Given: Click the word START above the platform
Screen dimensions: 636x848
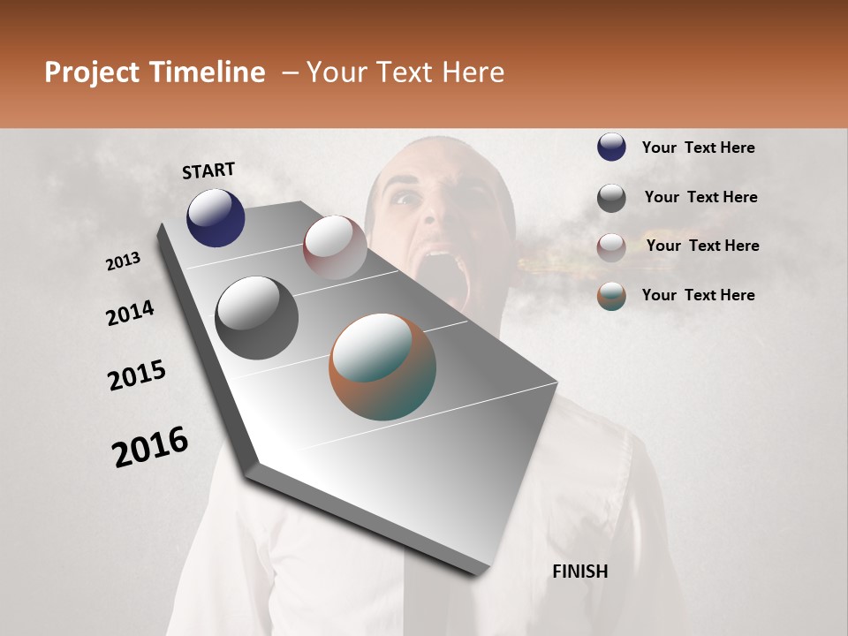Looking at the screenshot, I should tap(208, 170).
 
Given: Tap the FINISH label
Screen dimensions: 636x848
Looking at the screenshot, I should tap(580, 572).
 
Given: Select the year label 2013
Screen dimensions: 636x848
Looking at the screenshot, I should tap(123, 261).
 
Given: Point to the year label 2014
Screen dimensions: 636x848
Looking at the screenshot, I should tap(130, 313).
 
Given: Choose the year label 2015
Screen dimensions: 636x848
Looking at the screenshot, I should tap(137, 375).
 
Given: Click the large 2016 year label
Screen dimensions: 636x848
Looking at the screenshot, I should tap(150, 446).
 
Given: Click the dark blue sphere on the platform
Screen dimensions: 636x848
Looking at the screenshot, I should tap(216, 217).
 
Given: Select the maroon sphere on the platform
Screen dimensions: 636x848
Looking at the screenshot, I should tap(335, 247).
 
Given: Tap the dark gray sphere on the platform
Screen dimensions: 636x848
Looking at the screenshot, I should tap(256, 318).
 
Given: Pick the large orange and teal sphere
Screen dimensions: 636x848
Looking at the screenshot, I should tap(382, 367).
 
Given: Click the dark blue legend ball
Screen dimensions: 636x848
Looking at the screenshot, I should tap(611, 147).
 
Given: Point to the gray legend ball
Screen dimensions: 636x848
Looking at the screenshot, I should tap(611, 198).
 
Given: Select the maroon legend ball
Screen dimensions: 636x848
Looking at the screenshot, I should tap(611, 247).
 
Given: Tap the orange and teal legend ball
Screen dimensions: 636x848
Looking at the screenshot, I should tap(611, 297).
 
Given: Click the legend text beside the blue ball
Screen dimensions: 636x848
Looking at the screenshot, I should tap(698, 148).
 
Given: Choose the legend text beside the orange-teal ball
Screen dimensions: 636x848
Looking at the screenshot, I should tap(698, 295).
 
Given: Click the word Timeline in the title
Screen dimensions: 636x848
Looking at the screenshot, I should tap(208, 72).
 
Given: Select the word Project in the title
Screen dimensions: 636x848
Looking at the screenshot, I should tap(91, 72).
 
